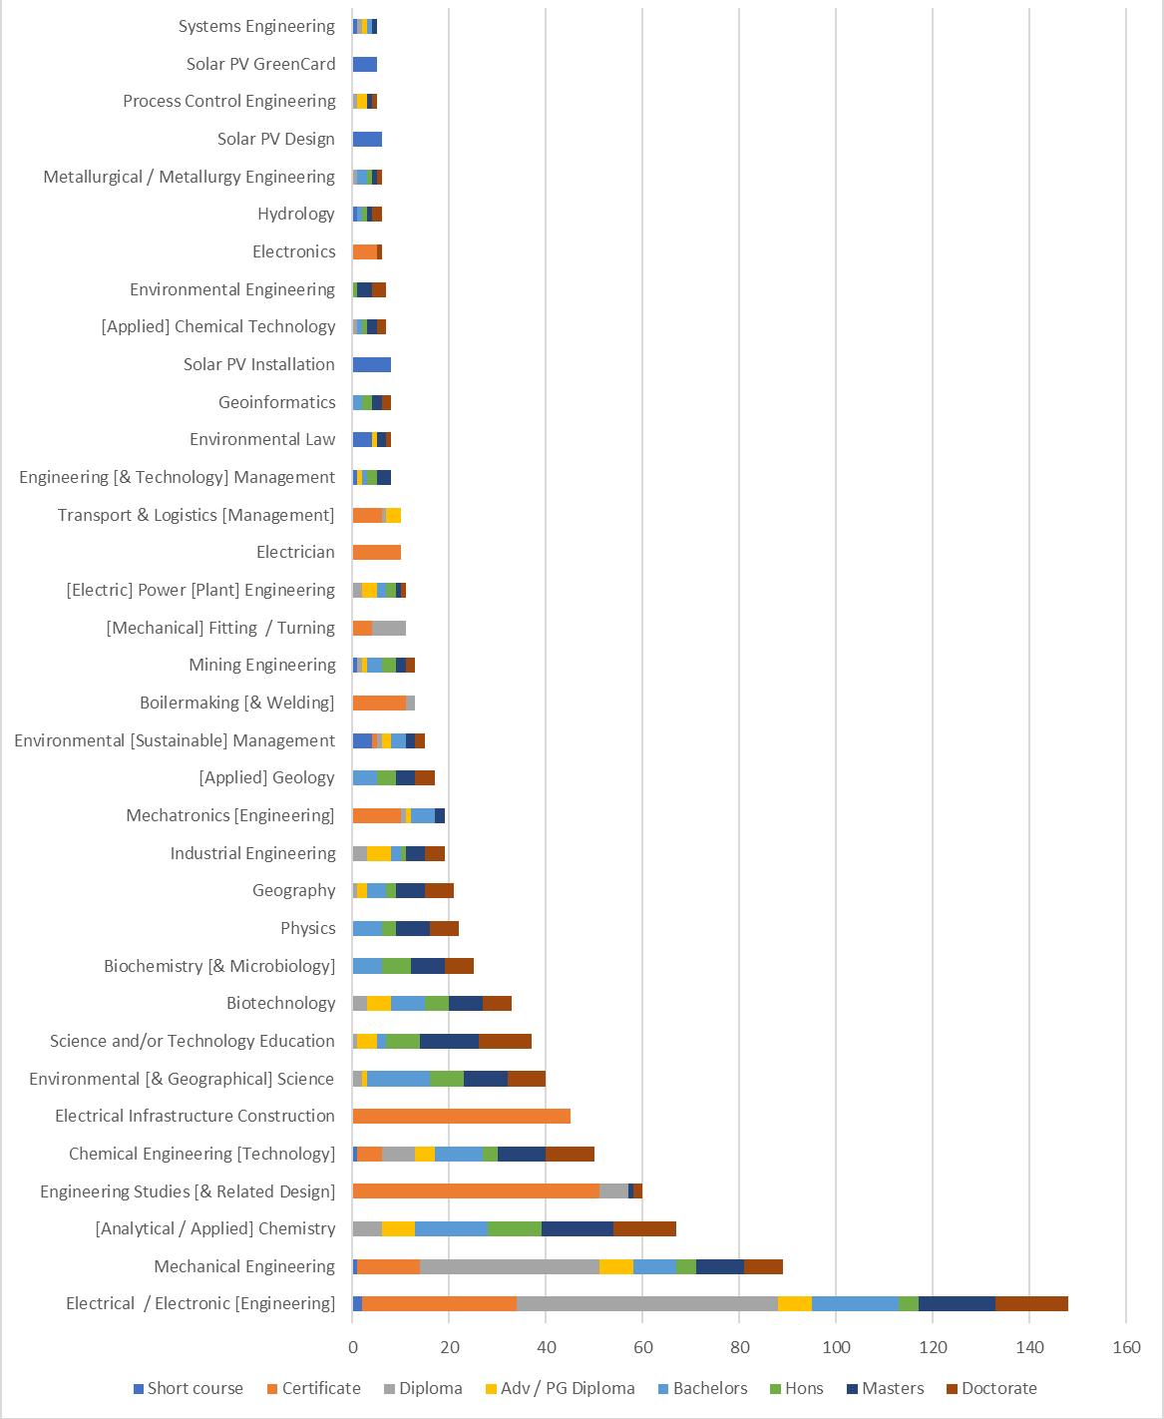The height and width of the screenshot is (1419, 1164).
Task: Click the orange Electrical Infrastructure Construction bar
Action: [x=461, y=1117]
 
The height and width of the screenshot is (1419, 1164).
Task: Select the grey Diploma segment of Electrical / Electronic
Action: [x=647, y=1304]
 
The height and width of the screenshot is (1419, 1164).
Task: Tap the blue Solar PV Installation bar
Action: [x=372, y=364]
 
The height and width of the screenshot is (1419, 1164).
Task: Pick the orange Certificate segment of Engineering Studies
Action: [x=476, y=1191]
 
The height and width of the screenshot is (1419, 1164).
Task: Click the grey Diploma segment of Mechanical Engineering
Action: [x=510, y=1267]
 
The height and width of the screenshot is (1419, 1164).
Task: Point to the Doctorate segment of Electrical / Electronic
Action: [x=1031, y=1304]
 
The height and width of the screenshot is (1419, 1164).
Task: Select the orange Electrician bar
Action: [x=377, y=553]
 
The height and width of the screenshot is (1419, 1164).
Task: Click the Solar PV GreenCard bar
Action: [x=365, y=64]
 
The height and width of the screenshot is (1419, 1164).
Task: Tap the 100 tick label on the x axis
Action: [x=836, y=1347]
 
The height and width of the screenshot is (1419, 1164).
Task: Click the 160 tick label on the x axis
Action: [x=1126, y=1347]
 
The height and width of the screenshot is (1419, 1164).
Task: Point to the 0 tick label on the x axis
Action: [x=353, y=1347]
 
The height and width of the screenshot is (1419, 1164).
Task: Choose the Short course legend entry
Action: [x=189, y=1388]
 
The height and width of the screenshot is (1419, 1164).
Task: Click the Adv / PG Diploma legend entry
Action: [x=561, y=1388]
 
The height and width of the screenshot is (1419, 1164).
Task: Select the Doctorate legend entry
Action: [x=991, y=1388]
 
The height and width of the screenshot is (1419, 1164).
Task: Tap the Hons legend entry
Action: [x=796, y=1388]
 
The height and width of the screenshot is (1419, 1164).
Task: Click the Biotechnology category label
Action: [x=280, y=1003]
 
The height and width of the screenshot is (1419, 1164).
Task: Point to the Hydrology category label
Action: [x=296, y=214]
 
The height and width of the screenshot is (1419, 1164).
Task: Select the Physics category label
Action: [x=308, y=928]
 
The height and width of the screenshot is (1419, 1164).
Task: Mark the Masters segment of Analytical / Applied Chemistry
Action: [x=577, y=1229]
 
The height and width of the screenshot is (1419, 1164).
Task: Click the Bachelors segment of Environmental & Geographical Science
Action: [x=398, y=1080]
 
